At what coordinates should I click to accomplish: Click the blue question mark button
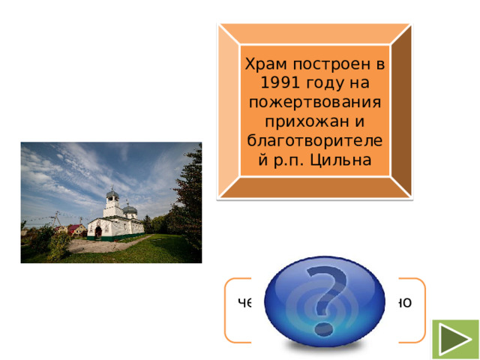316,300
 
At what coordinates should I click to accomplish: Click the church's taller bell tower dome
112,194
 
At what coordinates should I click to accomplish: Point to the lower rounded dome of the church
130,208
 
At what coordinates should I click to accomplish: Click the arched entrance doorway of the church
97,232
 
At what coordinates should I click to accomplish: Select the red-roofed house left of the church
74,228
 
